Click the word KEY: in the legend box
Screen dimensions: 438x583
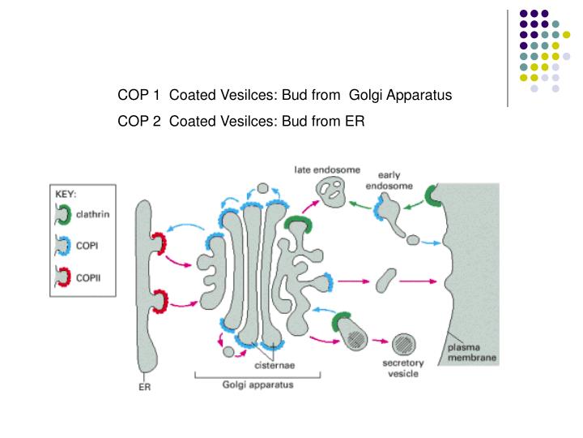pyautogui.click(x=66, y=195)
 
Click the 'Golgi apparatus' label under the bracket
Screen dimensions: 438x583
pyautogui.click(x=257, y=385)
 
